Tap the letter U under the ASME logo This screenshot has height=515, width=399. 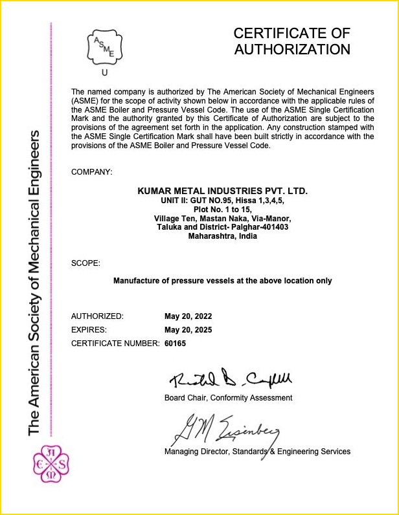104,73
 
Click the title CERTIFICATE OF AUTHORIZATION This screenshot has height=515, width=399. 291,41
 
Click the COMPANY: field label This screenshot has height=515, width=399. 91,171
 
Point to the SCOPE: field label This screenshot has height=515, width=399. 85,263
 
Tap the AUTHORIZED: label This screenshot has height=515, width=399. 97,316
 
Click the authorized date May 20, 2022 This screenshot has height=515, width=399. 188,316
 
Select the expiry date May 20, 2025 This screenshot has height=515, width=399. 188,330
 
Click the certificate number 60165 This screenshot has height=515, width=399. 176,344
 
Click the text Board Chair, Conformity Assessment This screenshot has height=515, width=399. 228,397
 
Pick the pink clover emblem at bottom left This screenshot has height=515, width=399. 51,463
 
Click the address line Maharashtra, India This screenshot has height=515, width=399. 223,236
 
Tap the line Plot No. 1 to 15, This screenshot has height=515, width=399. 223,209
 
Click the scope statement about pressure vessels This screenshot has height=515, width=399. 223,281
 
